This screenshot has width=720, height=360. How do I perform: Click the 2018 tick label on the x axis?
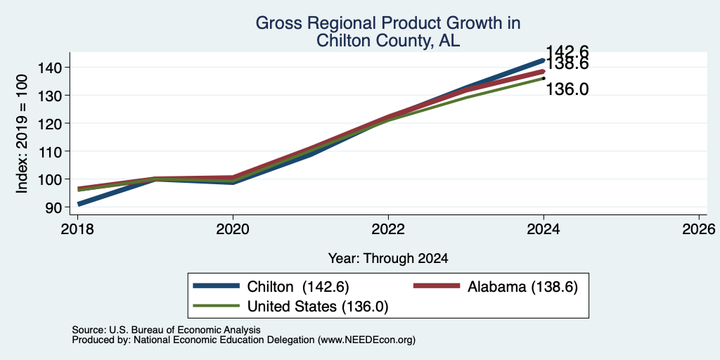77,229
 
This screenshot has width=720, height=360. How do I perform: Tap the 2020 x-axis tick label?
233,229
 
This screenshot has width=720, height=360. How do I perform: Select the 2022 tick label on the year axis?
388,229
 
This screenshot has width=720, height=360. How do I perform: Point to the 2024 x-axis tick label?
544,229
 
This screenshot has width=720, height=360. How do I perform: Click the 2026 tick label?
699,229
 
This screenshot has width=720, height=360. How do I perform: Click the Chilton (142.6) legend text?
298,287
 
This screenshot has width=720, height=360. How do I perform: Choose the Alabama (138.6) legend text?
522,287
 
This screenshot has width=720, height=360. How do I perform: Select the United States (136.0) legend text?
318,307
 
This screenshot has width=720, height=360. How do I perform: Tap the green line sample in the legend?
216,305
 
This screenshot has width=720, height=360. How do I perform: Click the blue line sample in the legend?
216,286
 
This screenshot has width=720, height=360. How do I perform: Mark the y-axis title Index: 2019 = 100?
22,134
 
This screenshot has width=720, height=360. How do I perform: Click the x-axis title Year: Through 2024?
388,259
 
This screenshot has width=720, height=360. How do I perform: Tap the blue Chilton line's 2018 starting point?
79,204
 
